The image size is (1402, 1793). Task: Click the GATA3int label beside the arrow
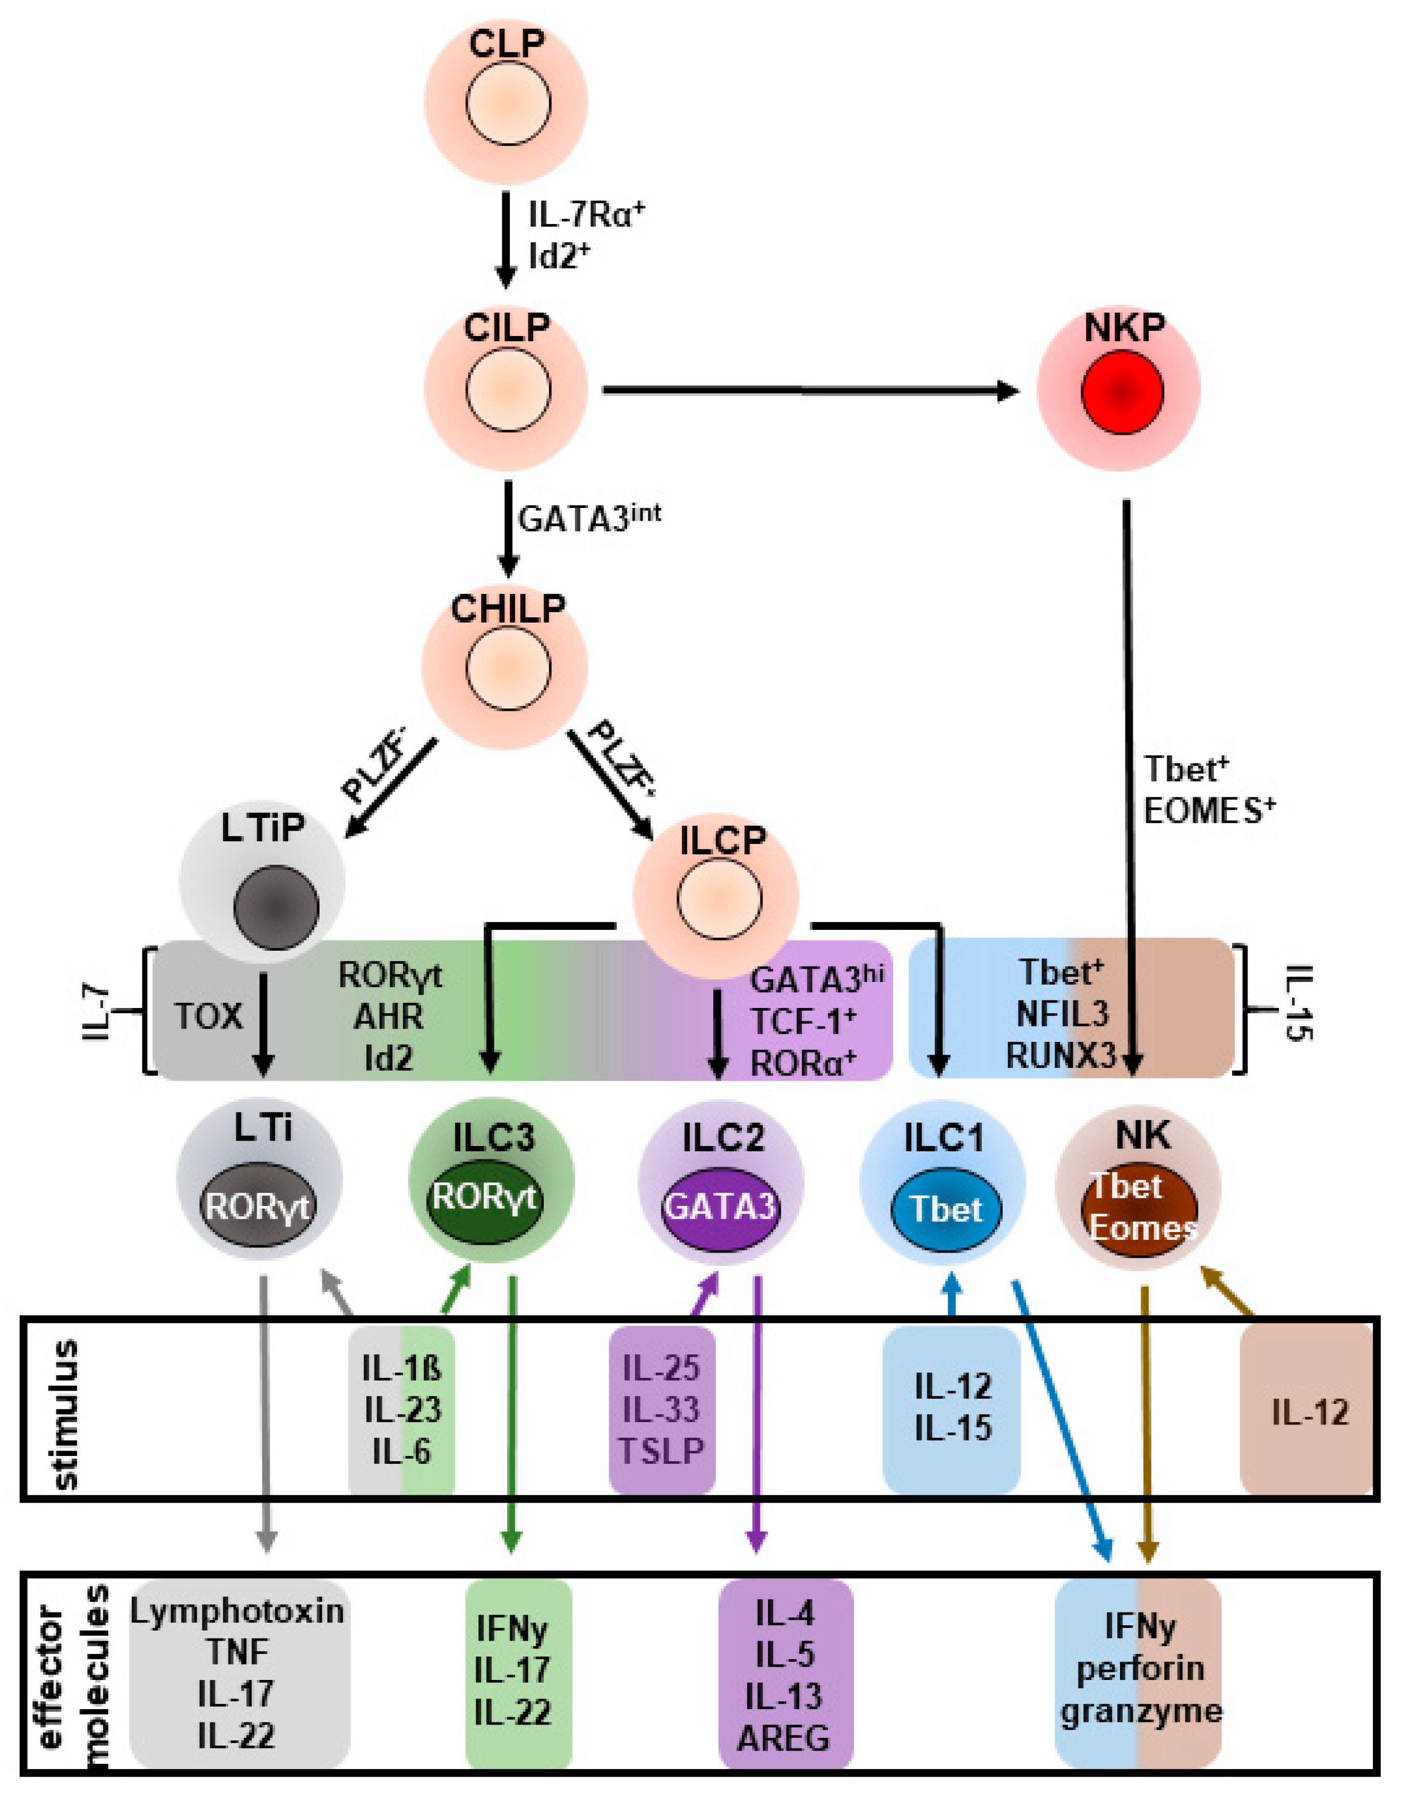tap(589, 517)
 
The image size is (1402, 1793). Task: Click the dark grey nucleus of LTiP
tap(276, 907)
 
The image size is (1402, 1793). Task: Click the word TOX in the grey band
tap(208, 1016)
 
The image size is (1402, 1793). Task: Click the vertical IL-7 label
tap(97, 1012)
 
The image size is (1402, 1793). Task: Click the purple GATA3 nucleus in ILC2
tap(720, 1207)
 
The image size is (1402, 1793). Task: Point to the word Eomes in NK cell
tap(1142, 1228)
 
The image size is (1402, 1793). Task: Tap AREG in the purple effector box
tap(783, 1738)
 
